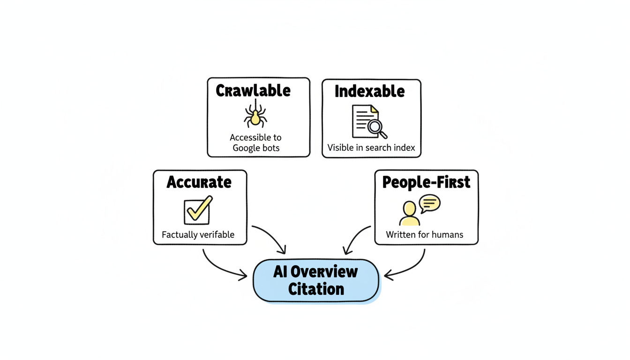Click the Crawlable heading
tap(253, 90)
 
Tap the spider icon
tap(255, 116)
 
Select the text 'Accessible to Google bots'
tap(255, 142)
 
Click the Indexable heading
tap(369, 91)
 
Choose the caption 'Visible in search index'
tap(371, 148)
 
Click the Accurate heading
tap(199, 182)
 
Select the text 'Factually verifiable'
tap(198, 234)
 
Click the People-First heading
tap(426, 182)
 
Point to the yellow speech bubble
tap(429, 203)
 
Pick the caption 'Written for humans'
tap(425, 234)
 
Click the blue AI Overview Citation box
tap(315, 280)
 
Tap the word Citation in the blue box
tap(316, 289)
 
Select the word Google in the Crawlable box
tap(249, 148)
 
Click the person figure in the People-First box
tap(409, 214)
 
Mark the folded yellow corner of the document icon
tap(374, 110)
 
